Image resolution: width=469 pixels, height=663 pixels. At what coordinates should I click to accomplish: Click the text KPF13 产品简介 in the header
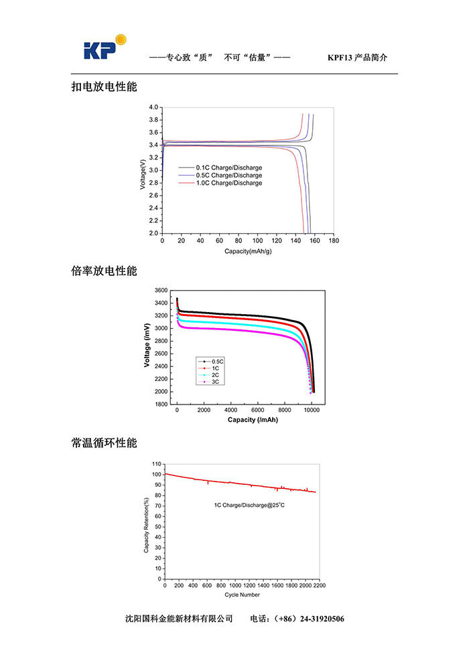tap(357, 58)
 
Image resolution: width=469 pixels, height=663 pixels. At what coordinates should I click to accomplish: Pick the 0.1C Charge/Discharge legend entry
tap(228, 167)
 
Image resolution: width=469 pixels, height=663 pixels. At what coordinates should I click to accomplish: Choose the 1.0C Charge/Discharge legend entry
tap(228, 183)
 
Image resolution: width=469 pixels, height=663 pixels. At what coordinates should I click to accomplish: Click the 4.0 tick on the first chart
tap(153, 108)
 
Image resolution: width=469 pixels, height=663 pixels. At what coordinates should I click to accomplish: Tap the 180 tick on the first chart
tap(334, 240)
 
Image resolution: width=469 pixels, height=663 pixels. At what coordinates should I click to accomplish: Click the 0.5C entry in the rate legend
tap(217, 362)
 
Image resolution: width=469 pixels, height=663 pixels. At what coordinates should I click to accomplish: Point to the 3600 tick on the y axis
tap(160, 291)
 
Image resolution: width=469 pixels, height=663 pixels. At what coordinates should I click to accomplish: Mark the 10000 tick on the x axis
tap(311, 411)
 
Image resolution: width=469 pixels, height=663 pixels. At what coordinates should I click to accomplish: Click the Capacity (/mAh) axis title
tap(253, 420)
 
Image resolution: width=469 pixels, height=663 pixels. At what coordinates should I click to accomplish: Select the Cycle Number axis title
tap(242, 595)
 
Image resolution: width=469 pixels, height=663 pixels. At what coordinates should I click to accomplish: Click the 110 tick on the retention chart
tap(157, 463)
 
